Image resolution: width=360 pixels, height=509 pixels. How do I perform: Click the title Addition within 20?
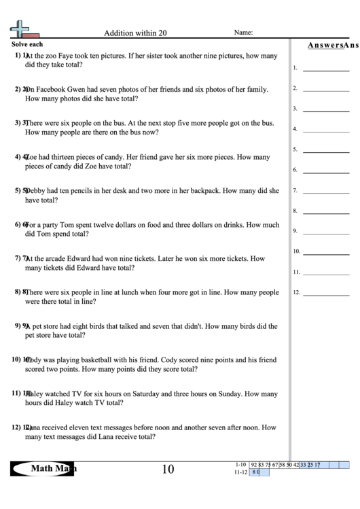[134, 32]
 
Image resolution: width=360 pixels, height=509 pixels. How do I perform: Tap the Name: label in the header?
[243, 32]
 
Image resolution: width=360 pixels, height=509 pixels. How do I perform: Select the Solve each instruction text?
[28, 43]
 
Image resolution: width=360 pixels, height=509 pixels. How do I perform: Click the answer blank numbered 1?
[325, 70]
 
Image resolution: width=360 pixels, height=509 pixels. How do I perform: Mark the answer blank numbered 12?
[325, 295]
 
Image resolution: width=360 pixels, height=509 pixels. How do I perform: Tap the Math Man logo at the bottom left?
[43, 468]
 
